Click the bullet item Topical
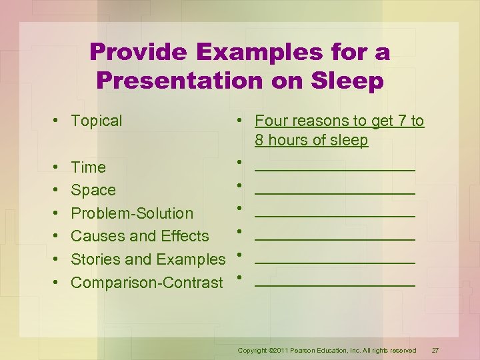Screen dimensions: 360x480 point(97,121)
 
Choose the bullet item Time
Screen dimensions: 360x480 point(88,167)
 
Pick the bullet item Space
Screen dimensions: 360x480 point(93,190)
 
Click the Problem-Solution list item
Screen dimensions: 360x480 point(132,213)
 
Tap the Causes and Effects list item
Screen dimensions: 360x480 point(140,236)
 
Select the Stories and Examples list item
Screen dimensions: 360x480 point(148,259)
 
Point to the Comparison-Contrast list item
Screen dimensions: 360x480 point(147,283)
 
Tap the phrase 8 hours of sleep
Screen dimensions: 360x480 point(311,140)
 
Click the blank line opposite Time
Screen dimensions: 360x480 point(335,169)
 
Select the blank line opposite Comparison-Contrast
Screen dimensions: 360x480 point(335,285)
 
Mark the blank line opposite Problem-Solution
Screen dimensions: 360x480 point(335,215)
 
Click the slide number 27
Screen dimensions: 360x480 point(435,351)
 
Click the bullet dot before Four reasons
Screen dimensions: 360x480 point(238,121)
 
